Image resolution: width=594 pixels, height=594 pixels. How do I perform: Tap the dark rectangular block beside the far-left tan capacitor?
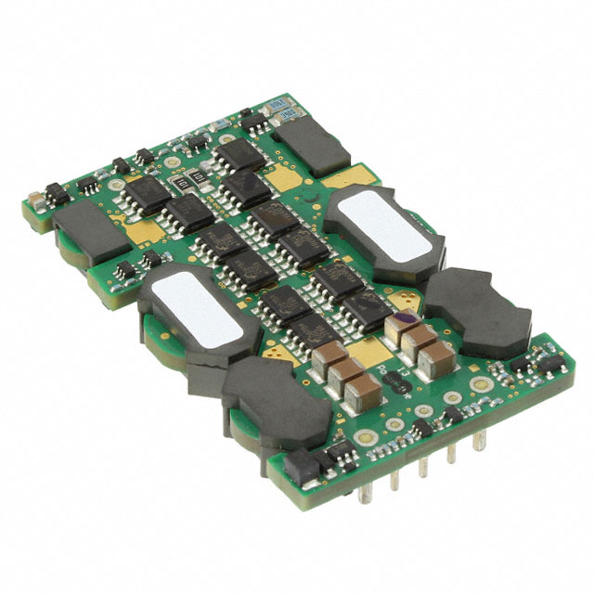[89, 232]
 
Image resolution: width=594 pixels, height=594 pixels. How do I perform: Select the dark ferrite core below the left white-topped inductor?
[268, 396]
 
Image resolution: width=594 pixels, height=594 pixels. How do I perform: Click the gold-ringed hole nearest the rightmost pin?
[478, 383]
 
